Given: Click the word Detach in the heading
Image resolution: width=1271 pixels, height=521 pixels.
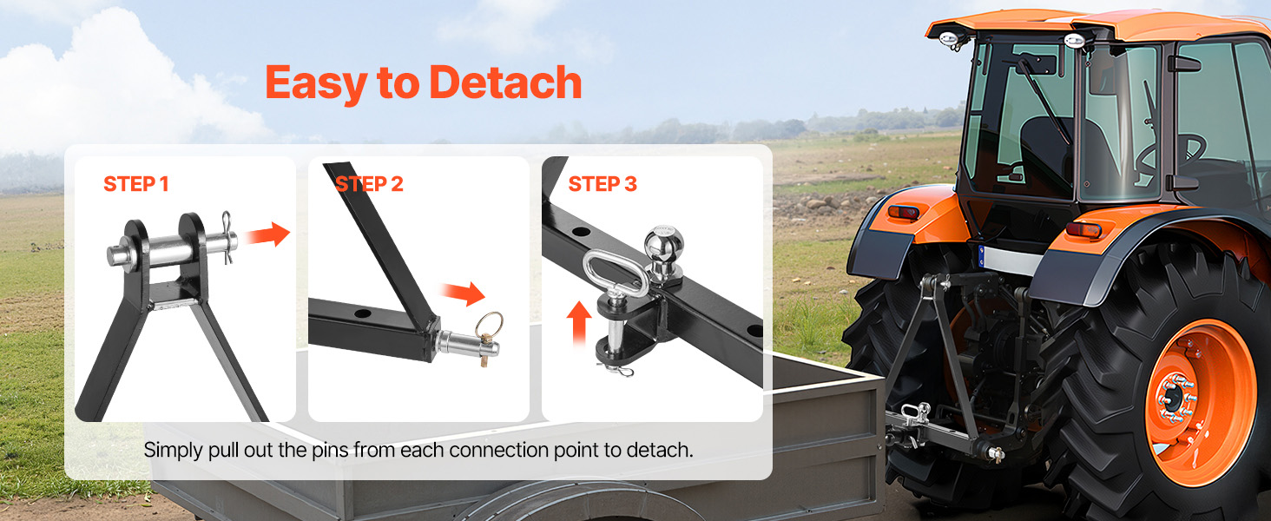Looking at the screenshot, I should click(x=504, y=83).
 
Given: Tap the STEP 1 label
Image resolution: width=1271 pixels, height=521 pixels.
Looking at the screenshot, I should click(x=136, y=184).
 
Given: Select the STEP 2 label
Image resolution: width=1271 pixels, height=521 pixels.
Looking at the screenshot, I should click(x=369, y=184).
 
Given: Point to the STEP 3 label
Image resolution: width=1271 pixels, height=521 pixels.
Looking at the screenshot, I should click(x=602, y=184).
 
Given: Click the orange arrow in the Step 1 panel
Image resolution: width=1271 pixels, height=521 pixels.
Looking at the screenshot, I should click(x=267, y=234).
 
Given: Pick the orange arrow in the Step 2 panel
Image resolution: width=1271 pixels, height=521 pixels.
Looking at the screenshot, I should click(x=468, y=293).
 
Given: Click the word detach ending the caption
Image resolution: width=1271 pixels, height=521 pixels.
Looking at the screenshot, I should click(x=662, y=451).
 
